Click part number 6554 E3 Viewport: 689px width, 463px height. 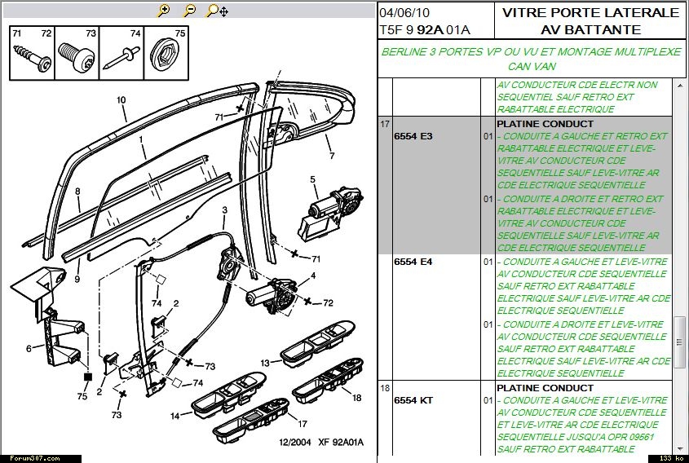(414, 136)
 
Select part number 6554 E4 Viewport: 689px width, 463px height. (414, 262)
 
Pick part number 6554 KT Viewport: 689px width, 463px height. (414, 400)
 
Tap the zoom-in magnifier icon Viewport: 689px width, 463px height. (164, 11)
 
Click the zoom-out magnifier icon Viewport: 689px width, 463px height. (189, 11)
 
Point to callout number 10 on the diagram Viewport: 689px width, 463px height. (121, 100)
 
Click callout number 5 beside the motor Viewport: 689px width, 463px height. (312, 179)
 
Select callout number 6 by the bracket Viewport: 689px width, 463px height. (29, 349)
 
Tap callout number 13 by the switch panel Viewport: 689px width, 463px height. (265, 362)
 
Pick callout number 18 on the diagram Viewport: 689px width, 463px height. (356, 397)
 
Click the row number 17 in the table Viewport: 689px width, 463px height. (384, 124)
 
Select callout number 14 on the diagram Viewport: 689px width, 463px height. (174, 416)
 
